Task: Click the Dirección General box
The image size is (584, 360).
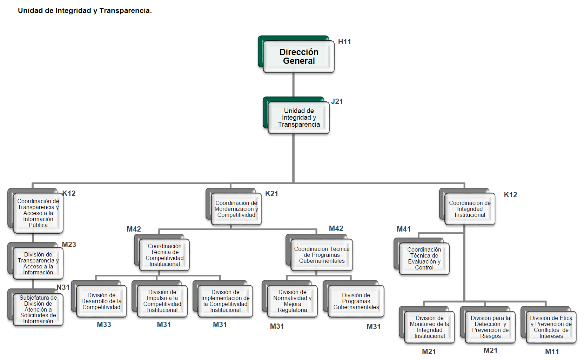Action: tap(298, 56)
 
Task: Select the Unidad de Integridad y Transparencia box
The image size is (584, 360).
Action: tap(298, 118)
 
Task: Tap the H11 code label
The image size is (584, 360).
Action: tap(344, 42)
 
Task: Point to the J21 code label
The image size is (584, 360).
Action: tap(337, 101)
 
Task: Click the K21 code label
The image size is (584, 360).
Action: tap(271, 194)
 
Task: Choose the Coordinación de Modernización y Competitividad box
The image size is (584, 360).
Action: tap(236, 209)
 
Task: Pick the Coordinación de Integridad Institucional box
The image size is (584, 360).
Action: tap(470, 209)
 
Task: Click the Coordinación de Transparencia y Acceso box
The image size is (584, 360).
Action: tap(38, 213)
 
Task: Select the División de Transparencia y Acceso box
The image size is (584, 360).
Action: tap(38, 264)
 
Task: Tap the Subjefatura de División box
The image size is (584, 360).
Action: tap(38, 309)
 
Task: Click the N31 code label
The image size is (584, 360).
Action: tap(63, 287)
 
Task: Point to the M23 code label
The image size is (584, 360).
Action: tap(69, 245)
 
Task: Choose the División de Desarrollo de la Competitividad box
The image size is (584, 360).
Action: tap(101, 301)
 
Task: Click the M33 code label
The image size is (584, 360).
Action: tap(104, 325)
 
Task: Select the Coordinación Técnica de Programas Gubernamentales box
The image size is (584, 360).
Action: tap(322, 255)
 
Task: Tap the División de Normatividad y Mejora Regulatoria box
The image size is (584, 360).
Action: tap(292, 301)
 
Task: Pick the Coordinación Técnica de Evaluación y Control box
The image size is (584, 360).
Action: tap(424, 259)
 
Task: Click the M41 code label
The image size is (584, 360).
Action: tap(403, 229)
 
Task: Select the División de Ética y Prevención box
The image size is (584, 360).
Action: tap(551, 327)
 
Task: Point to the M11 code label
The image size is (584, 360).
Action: tap(552, 352)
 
